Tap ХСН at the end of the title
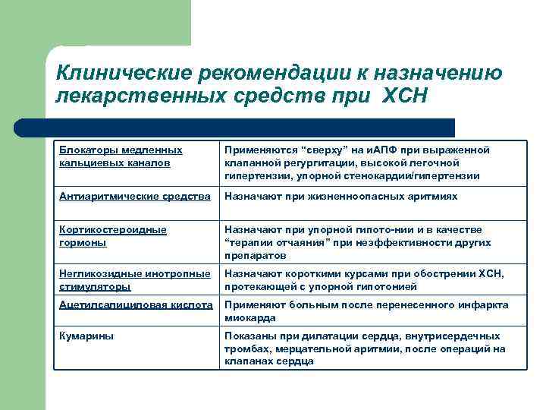click(x=406, y=96)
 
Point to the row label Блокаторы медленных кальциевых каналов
click(x=121, y=156)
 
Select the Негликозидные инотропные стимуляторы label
click(x=133, y=280)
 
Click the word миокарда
click(x=248, y=318)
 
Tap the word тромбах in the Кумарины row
click(x=246, y=349)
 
